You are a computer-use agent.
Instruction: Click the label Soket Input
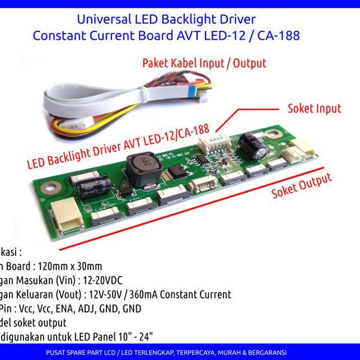click(314, 107)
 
